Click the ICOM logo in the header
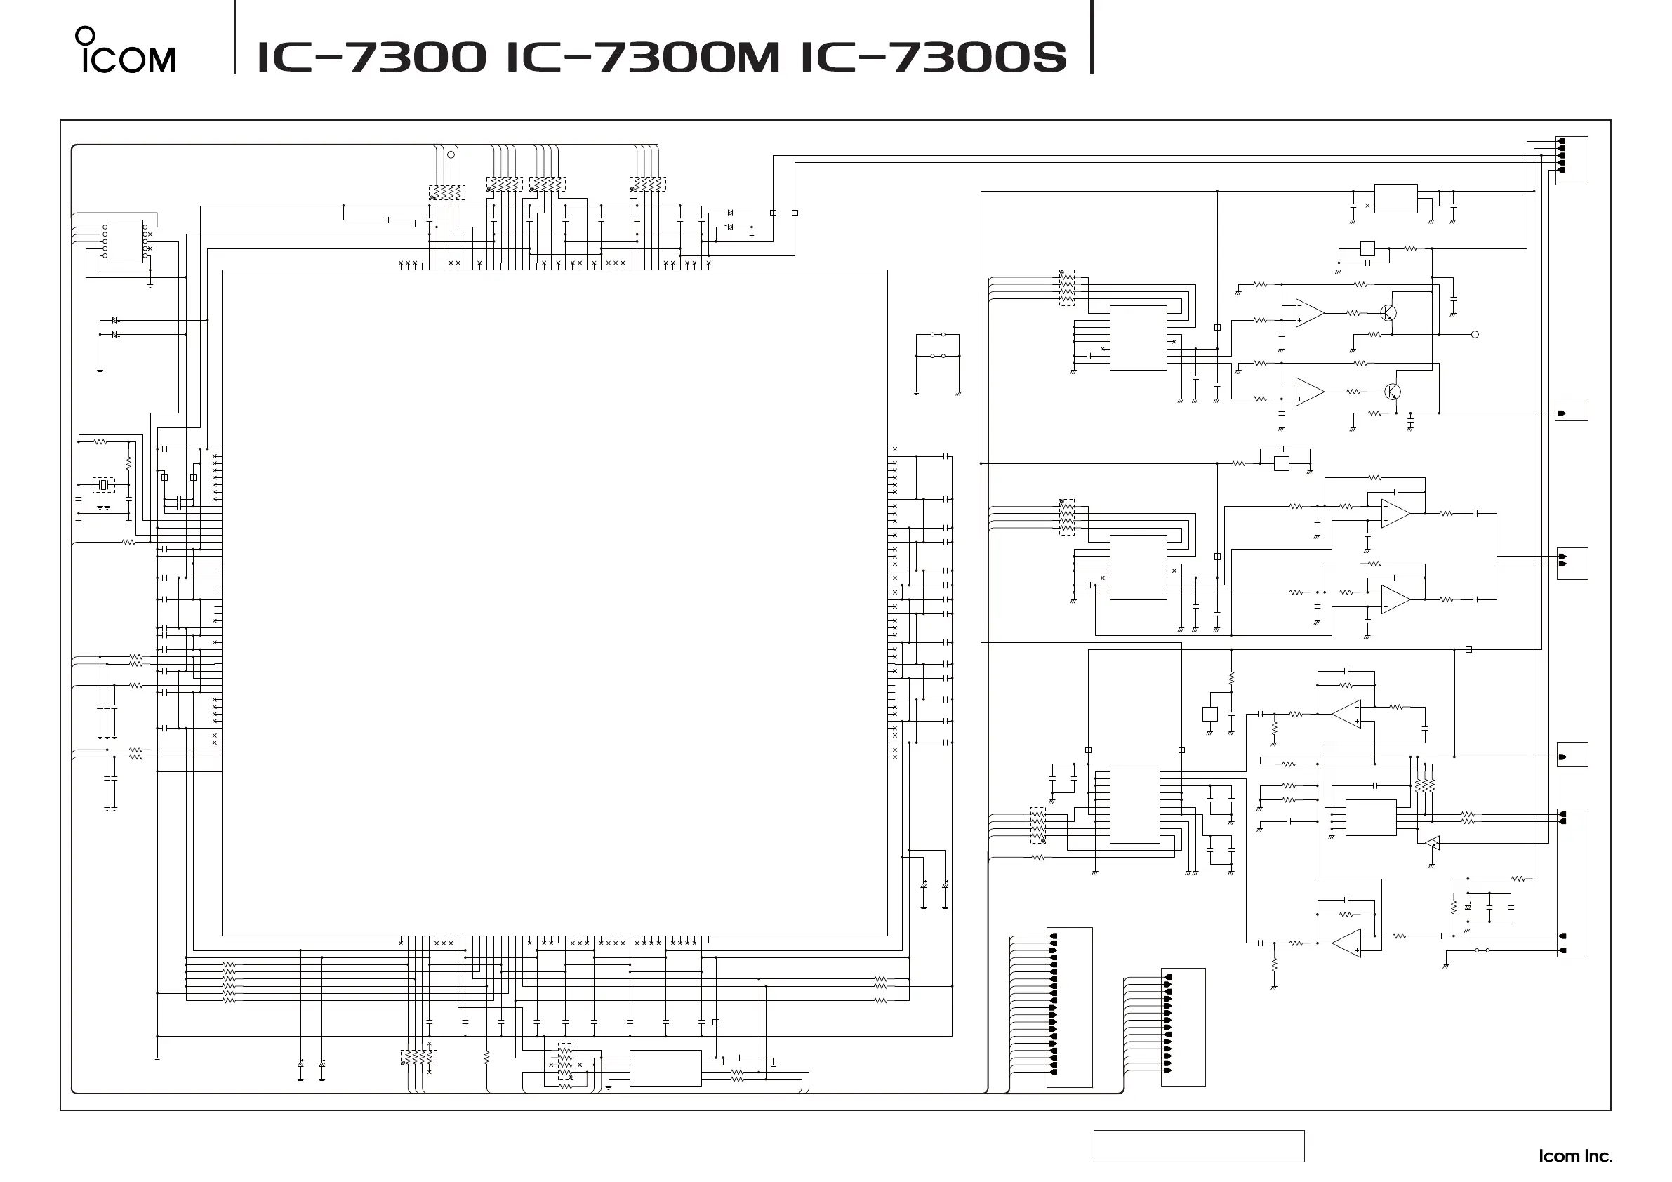(125, 51)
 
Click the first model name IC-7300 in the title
(371, 57)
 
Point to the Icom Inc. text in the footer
(1574, 1156)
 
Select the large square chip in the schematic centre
(555, 602)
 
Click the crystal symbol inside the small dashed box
(103, 484)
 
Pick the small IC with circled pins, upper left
(125, 240)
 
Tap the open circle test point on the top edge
(451, 154)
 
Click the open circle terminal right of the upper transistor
(1475, 335)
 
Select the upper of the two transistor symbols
(1388, 313)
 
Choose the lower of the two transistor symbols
(1392, 392)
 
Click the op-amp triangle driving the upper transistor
(1308, 313)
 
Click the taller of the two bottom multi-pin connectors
(1069, 1007)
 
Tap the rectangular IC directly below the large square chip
(665, 1068)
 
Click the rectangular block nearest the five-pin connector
(1395, 198)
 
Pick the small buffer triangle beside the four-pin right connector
(1432, 844)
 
